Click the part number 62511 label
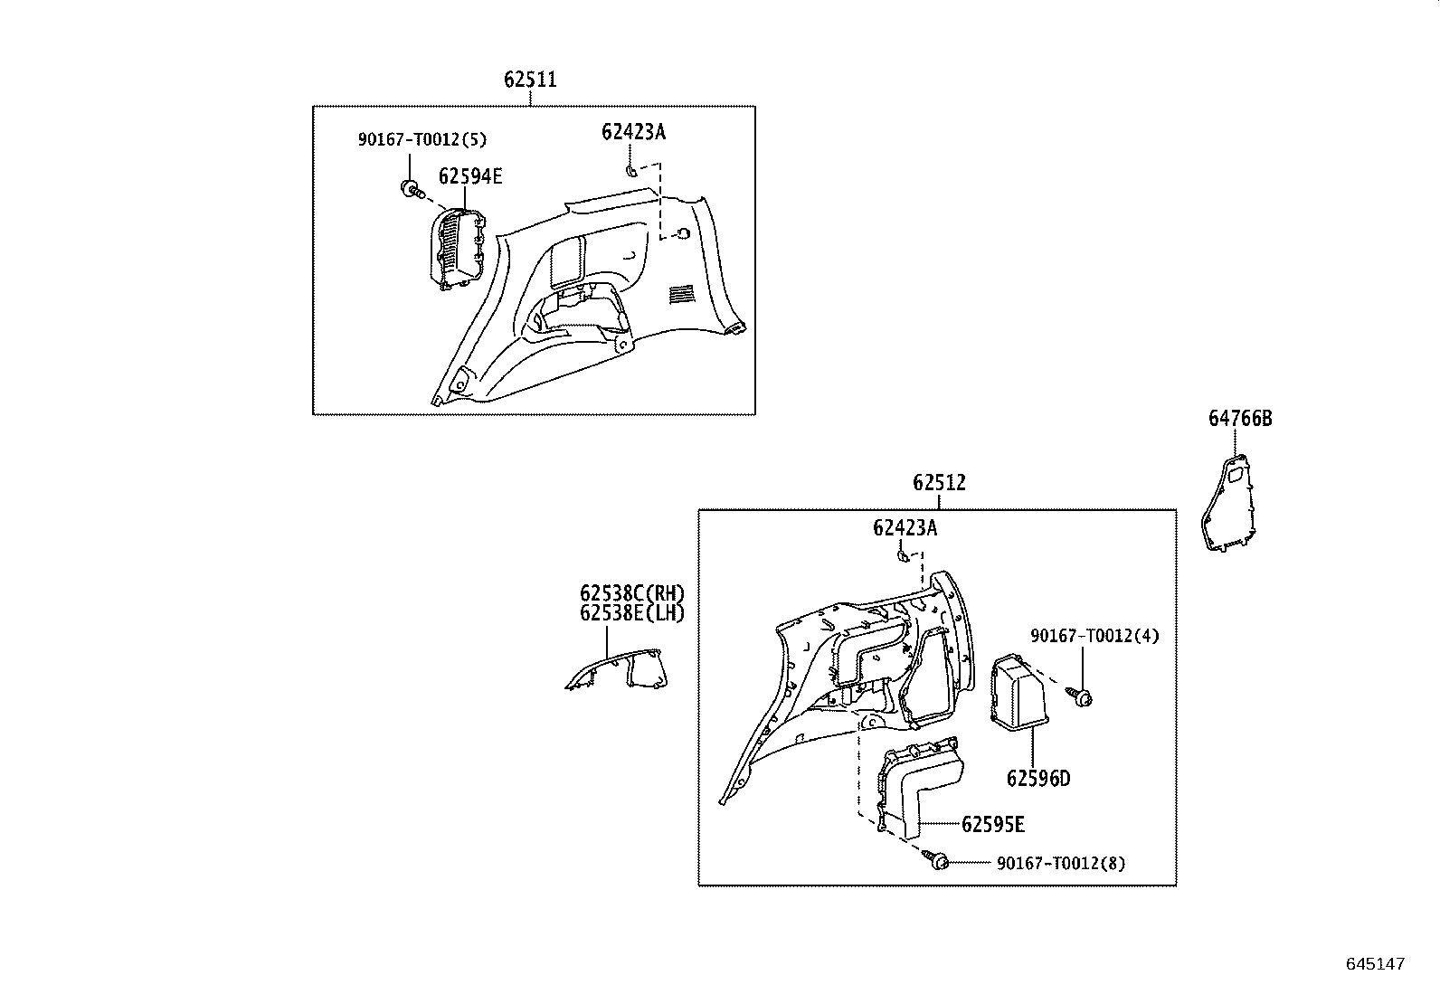click(x=530, y=80)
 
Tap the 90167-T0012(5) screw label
click(x=422, y=139)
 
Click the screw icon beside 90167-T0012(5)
click(x=410, y=189)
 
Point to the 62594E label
click(x=470, y=176)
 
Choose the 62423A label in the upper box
click(x=633, y=132)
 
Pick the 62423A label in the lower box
click(x=905, y=527)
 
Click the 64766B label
click(x=1240, y=419)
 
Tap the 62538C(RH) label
click(x=632, y=594)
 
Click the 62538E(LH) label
click(x=632, y=613)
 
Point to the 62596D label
click(x=1037, y=778)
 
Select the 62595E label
click(x=992, y=824)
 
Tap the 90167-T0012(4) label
click(x=1094, y=636)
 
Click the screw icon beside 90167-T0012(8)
click(x=937, y=860)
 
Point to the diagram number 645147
click(x=1375, y=964)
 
